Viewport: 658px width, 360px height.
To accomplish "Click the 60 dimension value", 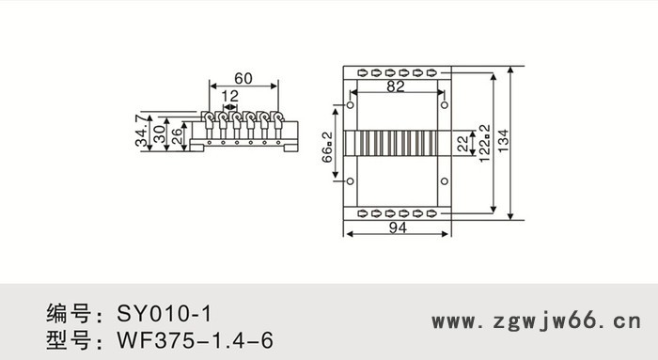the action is (x=243, y=78).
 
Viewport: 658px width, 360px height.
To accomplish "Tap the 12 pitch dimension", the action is (x=229, y=96).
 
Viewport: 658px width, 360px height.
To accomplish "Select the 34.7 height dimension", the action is (x=141, y=130).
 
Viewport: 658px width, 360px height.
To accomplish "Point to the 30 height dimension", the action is (x=159, y=134).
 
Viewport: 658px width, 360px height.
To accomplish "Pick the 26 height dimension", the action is (x=177, y=136).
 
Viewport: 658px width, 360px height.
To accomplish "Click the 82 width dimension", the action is (x=396, y=86).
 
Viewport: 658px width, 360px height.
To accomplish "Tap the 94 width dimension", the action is (x=398, y=227).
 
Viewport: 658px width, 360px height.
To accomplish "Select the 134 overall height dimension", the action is (x=503, y=141).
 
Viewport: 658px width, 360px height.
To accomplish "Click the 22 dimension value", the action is (x=462, y=144).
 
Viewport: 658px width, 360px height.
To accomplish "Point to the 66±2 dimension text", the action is (x=327, y=148).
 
